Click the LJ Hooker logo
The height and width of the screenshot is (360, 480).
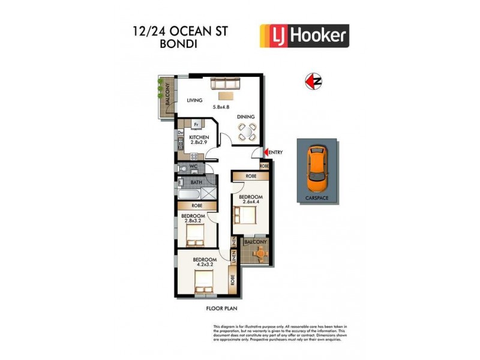[304, 35]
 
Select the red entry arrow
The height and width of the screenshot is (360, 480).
[266, 152]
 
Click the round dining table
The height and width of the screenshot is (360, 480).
[247, 131]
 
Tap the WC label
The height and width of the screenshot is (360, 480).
[193, 166]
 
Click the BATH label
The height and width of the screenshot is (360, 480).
[196, 182]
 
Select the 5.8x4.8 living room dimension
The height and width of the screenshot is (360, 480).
[221, 107]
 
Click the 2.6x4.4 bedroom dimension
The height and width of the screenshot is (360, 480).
[251, 202]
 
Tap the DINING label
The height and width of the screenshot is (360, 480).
[246, 117]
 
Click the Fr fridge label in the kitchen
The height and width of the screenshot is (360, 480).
[196, 125]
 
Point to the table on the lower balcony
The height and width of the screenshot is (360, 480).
[259, 254]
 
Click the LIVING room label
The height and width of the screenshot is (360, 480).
[194, 100]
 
